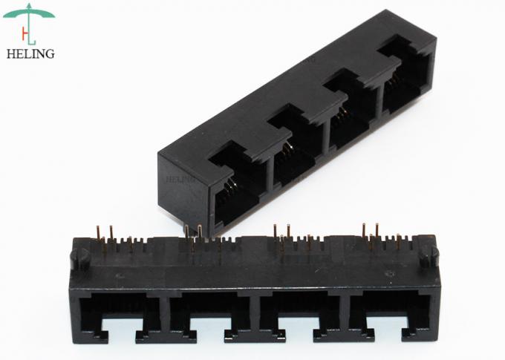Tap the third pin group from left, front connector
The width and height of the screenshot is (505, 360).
coord(290,236)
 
